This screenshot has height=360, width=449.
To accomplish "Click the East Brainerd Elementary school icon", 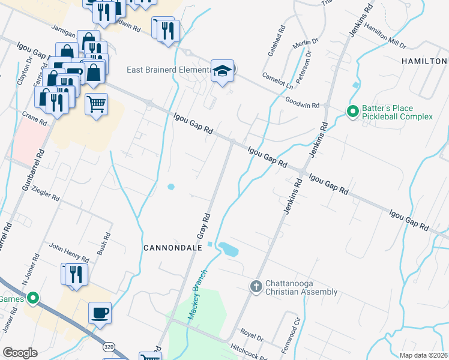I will [x=222, y=71].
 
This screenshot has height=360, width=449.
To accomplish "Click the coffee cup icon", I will [x=100, y=313].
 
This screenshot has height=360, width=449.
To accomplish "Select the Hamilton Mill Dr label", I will [x=385, y=37].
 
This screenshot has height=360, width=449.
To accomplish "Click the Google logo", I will [x=20, y=353].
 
